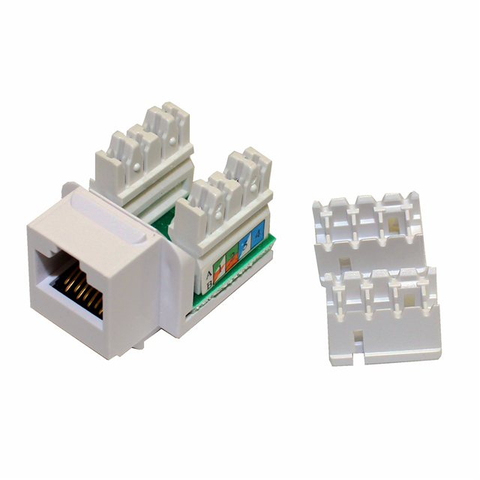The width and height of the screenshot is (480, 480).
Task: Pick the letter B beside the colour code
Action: [x=209, y=285]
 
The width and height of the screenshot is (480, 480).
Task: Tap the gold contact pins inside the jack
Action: [x=80, y=289]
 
